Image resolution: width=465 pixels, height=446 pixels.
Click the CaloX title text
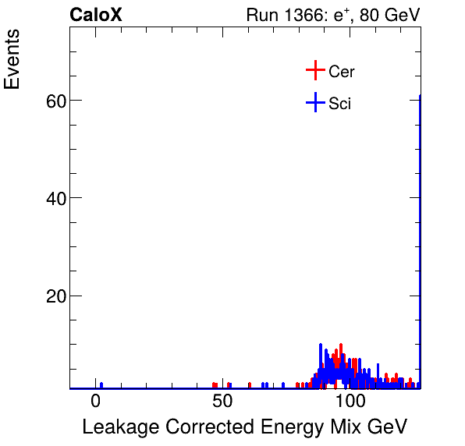click(x=96, y=15)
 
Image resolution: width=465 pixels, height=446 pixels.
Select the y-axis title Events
click(x=12, y=61)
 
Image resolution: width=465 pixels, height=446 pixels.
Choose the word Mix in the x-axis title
click(x=339, y=427)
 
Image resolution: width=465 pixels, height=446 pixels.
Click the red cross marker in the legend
click(x=314, y=71)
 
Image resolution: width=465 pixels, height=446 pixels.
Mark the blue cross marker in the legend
click(x=314, y=102)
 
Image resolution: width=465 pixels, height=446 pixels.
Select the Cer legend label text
click(x=342, y=72)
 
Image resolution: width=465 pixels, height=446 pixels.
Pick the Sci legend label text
click(x=339, y=103)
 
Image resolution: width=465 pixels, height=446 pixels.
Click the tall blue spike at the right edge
click(x=420, y=234)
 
